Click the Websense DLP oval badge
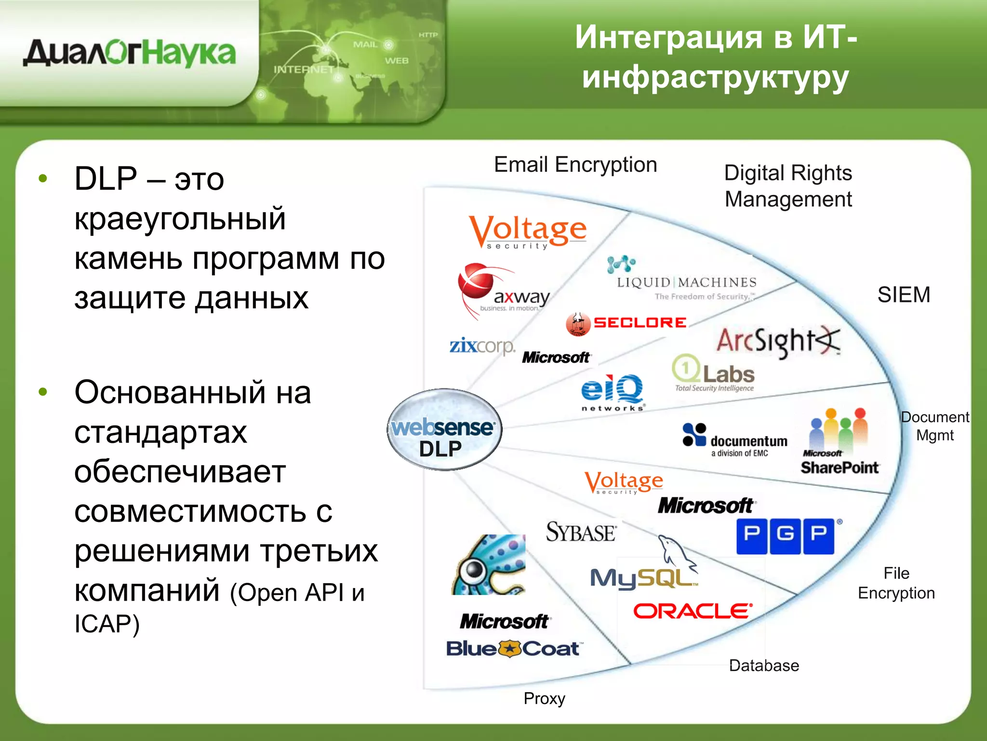[x=444, y=429]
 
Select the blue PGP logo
[x=786, y=536]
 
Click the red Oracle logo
[x=692, y=611]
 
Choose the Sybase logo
[x=581, y=533]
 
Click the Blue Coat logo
[x=514, y=649]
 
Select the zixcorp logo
[x=482, y=346]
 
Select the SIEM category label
[x=904, y=295]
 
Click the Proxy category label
[x=544, y=698]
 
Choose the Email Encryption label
[x=575, y=165]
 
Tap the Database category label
[x=764, y=666]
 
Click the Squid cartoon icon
[x=489, y=564]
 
